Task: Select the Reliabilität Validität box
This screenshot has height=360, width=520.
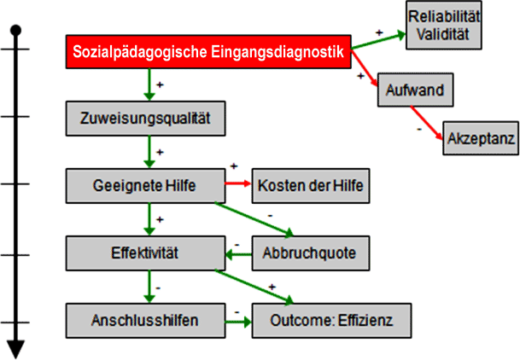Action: pos(444,26)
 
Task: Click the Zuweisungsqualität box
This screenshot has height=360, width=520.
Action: pos(146,119)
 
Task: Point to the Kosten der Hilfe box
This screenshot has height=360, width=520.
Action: pos(312,185)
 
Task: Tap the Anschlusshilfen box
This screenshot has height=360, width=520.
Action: pos(146,322)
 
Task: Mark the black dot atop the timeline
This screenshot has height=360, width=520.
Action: pos(15,31)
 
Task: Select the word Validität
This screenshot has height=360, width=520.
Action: pos(444,34)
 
